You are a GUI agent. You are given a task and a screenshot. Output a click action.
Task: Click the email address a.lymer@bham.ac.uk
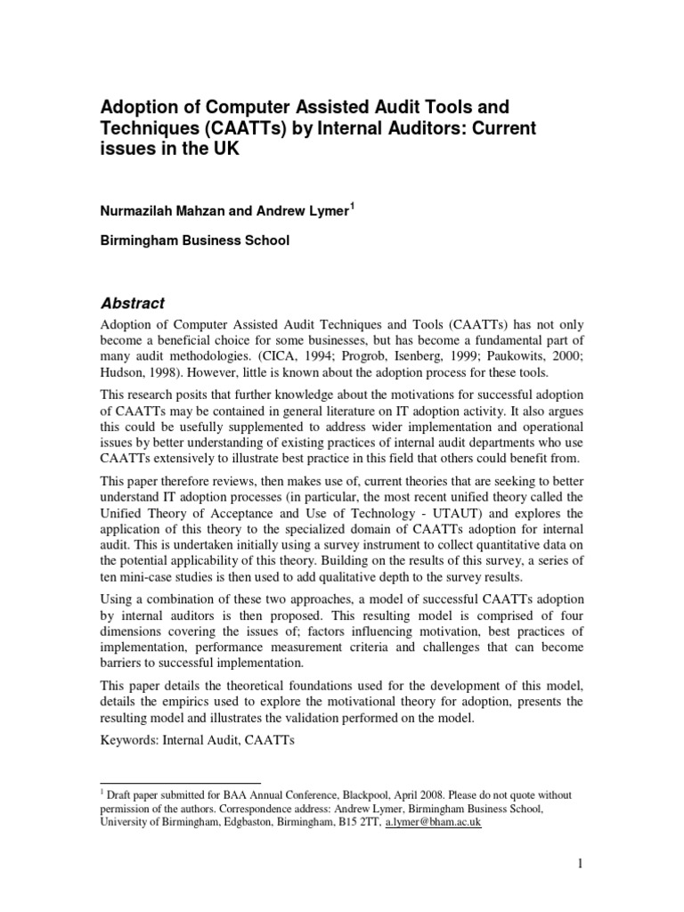tap(433, 823)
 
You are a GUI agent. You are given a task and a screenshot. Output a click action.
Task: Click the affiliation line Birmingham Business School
tap(197, 240)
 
